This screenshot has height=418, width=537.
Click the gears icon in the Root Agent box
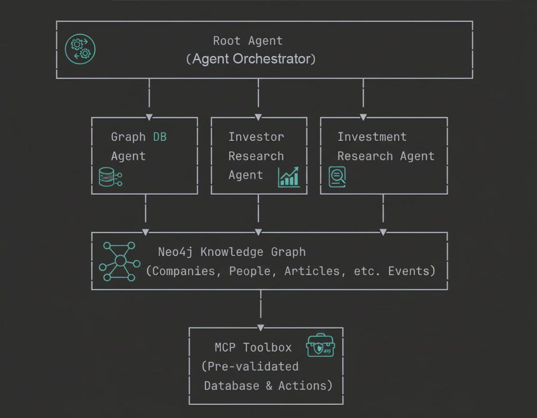click(80, 49)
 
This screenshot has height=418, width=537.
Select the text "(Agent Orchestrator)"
click(251, 59)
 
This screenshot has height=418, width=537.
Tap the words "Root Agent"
click(248, 41)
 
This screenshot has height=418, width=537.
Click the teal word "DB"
click(159, 137)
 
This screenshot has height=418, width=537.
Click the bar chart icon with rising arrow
click(289, 177)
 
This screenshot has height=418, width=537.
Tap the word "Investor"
click(256, 137)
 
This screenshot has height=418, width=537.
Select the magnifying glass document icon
click(337, 177)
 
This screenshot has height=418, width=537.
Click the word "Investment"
click(372, 137)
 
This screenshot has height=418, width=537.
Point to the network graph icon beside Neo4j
click(119, 261)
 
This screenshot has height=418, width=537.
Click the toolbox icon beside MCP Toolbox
click(320, 346)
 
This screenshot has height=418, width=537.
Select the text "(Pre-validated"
click(250, 367)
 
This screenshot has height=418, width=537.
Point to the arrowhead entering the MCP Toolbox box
click(261, 327)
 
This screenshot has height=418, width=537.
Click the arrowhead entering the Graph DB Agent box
click(149, 117)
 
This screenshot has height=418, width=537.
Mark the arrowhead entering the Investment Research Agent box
click(363, 117)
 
